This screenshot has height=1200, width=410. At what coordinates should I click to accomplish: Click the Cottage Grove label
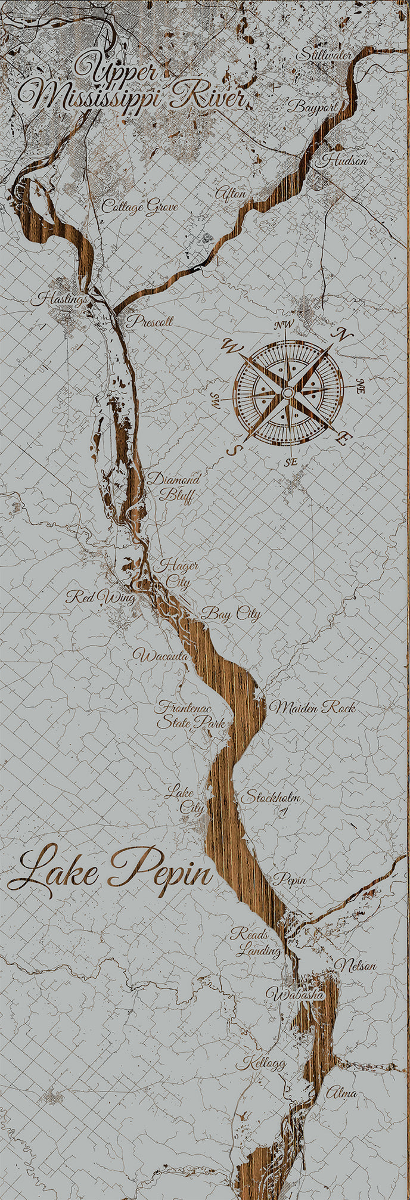[139, 206]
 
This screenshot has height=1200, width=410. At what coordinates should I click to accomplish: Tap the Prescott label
[150, 321]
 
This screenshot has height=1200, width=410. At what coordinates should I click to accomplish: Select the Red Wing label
[101, 597]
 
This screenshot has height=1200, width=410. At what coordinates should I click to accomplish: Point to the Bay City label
[231, 613]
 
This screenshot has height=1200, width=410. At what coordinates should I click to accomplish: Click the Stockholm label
[269, 797]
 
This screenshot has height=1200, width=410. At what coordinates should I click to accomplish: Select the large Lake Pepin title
[110, 871]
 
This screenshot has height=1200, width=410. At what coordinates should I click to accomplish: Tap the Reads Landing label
[255, 941]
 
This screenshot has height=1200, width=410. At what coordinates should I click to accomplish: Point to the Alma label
[341, 1093]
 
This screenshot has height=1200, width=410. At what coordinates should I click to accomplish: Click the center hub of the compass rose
[288, 393]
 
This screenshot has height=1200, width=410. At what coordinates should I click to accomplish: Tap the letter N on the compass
[343, 335]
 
